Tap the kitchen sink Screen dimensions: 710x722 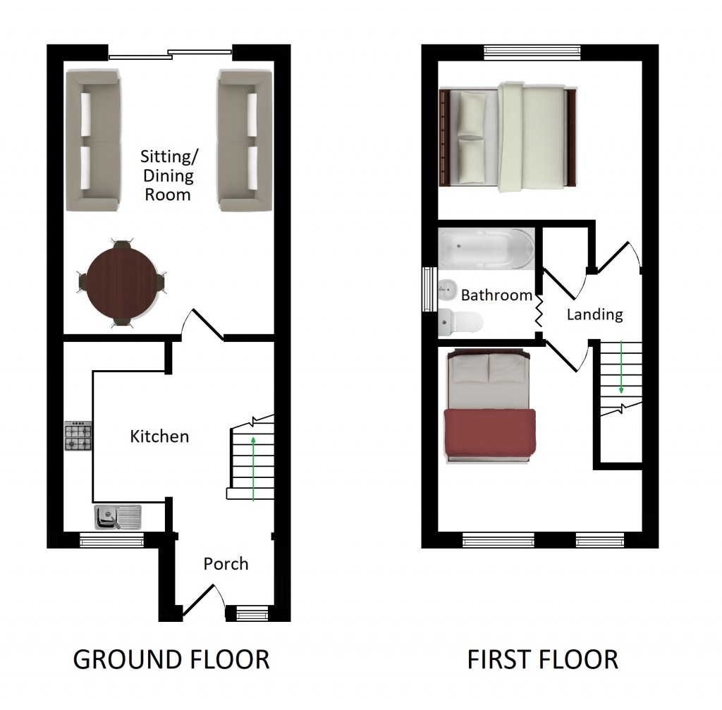coord(118,517)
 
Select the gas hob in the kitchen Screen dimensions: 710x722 coord(78,436)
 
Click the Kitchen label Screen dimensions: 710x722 coord(159,436)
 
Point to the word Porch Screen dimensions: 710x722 coord(226,564)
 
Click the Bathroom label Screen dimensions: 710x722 coord(496,295)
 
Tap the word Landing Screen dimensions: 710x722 coord(594,314)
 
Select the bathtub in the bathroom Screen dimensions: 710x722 coord(486,249)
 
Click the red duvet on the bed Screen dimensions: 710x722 coord(489,434)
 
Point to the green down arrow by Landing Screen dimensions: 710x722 coord(621,367)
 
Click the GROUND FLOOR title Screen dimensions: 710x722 coord(171,660)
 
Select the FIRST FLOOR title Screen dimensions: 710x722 coord(542,660)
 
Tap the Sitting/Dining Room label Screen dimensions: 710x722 coord(168,176)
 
